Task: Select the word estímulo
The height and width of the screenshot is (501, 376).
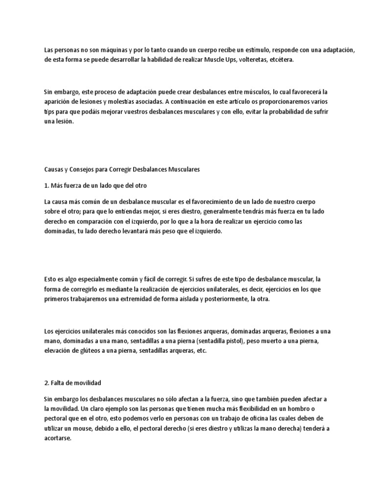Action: click(254, 50)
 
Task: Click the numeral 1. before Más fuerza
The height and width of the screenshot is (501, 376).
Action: click(47, 186)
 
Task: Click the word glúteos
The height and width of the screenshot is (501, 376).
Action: click(83, 351)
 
